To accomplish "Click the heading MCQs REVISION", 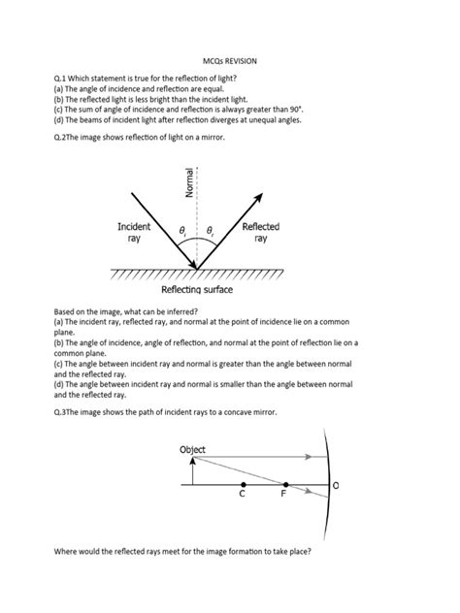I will [x=229, y=60].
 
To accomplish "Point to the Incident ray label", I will [x=134, y=232].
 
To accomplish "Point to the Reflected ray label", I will [x=261, y=232].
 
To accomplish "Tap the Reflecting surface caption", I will [x=197, y=289].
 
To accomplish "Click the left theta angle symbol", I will [x=182, y=231].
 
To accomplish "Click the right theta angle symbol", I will [x=210, y=231].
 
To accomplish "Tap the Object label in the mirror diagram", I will [x=192, y=450].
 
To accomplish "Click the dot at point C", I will [x=242, y=484].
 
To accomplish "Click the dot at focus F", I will [x=285, y=484].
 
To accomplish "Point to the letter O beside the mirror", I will [x=336, y=484].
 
